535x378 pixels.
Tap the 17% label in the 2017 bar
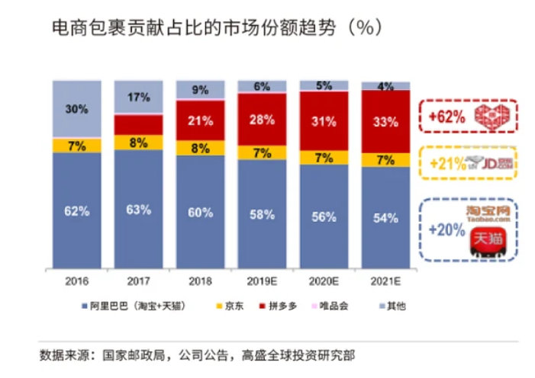[138, 97]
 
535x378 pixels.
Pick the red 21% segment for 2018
[200, 120]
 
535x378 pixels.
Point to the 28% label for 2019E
[262, 119]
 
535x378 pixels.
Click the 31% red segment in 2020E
[324, 120]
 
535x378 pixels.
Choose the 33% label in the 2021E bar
[385, 122]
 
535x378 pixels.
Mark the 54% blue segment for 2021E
[385, 217]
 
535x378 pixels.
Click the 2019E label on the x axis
[262, 280]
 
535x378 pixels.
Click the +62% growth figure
[444, 117]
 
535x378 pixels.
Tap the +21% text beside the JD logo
[444, 163]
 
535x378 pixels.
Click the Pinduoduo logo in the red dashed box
[490, 117]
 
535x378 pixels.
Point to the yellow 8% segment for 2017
[138, 142]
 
